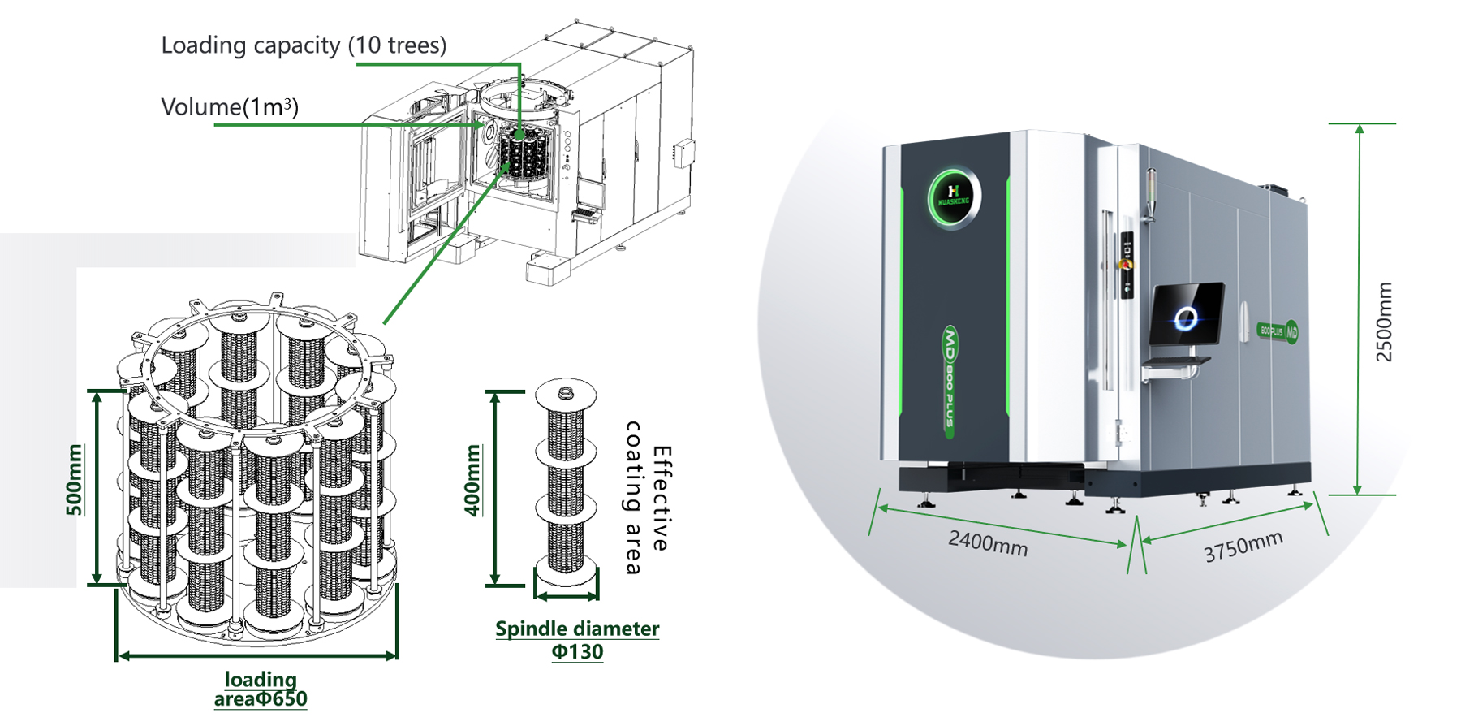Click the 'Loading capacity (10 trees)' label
(304, 45)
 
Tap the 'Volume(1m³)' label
(230, 107)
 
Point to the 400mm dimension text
(472, 480)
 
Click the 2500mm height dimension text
(1384, 322)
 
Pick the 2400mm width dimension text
(988, 542)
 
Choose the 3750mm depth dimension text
(1243, 547)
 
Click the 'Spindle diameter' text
(577, 629)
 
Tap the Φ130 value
(577, 652)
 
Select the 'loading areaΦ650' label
(261, 689)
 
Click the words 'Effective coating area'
(649, 498)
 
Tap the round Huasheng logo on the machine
(954, 197)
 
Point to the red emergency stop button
(1125, 265)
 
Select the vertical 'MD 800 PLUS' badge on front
(949, 382)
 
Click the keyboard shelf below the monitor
(1177, 362)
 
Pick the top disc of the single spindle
(566, 395)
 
